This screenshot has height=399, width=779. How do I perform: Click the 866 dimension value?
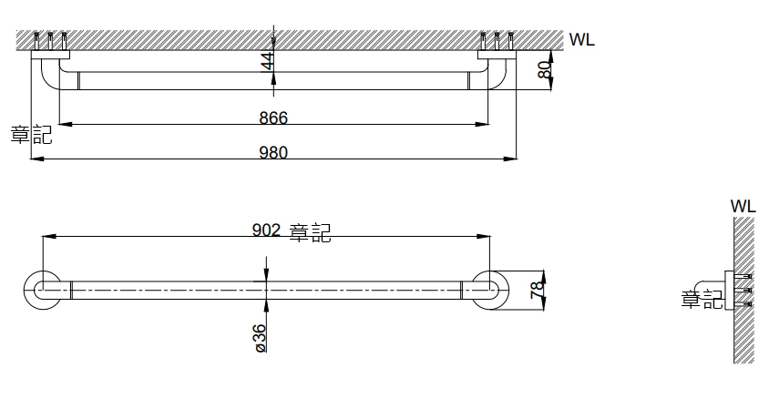(x=273, y=118)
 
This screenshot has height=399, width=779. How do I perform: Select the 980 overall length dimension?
(x=273, y=152)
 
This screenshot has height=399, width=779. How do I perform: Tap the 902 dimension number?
(x=266, y=231)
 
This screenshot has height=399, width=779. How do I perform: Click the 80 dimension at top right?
(x=544, y=70)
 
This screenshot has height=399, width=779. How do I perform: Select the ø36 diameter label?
(x=261, y=337)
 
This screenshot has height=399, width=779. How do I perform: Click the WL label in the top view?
(x=581, y=40)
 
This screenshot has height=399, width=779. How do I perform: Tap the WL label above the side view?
(x=743, y=207)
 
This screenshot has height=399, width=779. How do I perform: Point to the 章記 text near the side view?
(x=702, y=298)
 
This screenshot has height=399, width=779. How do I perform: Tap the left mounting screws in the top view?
(x=50, y=41)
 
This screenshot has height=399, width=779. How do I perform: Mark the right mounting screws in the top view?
(x=497, y=41)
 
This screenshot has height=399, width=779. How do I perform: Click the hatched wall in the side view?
(x=745, y=292)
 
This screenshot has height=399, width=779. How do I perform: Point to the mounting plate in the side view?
(x=728, y=290)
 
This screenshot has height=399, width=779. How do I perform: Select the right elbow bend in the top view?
(x=498, y=77)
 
